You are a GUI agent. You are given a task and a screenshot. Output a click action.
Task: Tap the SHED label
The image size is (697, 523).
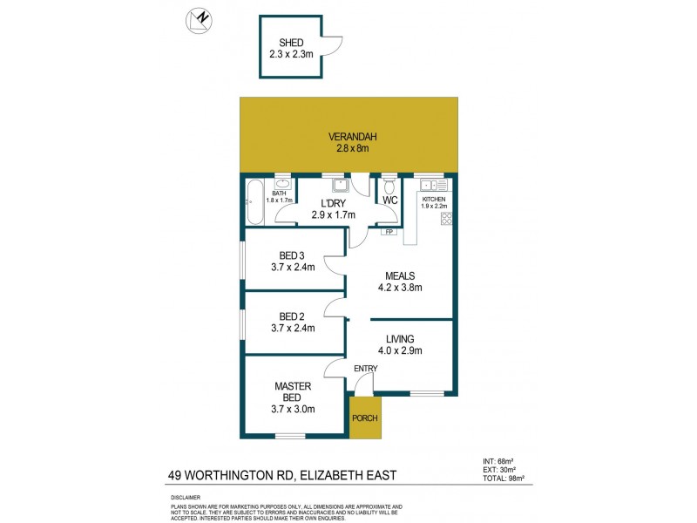click(x=291, y=43)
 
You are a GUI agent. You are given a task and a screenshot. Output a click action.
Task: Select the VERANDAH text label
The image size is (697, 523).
click(x=348, y=137)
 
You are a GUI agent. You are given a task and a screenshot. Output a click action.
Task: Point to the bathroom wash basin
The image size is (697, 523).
click(x=283, y=185)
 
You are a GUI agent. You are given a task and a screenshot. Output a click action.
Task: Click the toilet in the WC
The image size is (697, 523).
click(x=389, y=187)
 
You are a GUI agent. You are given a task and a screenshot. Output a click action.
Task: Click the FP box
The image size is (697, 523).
click(x=389, y=232)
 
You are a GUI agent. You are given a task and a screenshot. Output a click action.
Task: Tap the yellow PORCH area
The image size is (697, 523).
click(x=365, y=418)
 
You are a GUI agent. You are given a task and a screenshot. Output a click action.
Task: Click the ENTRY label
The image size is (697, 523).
click(x=365, y=369)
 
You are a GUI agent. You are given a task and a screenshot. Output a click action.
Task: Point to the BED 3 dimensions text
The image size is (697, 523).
click(x=292, y=268)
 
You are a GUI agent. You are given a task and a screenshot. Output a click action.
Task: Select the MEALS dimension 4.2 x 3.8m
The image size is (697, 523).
click(x=401, y=288)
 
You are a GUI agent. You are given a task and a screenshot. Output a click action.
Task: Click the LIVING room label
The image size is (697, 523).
click(x=401, y=339)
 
